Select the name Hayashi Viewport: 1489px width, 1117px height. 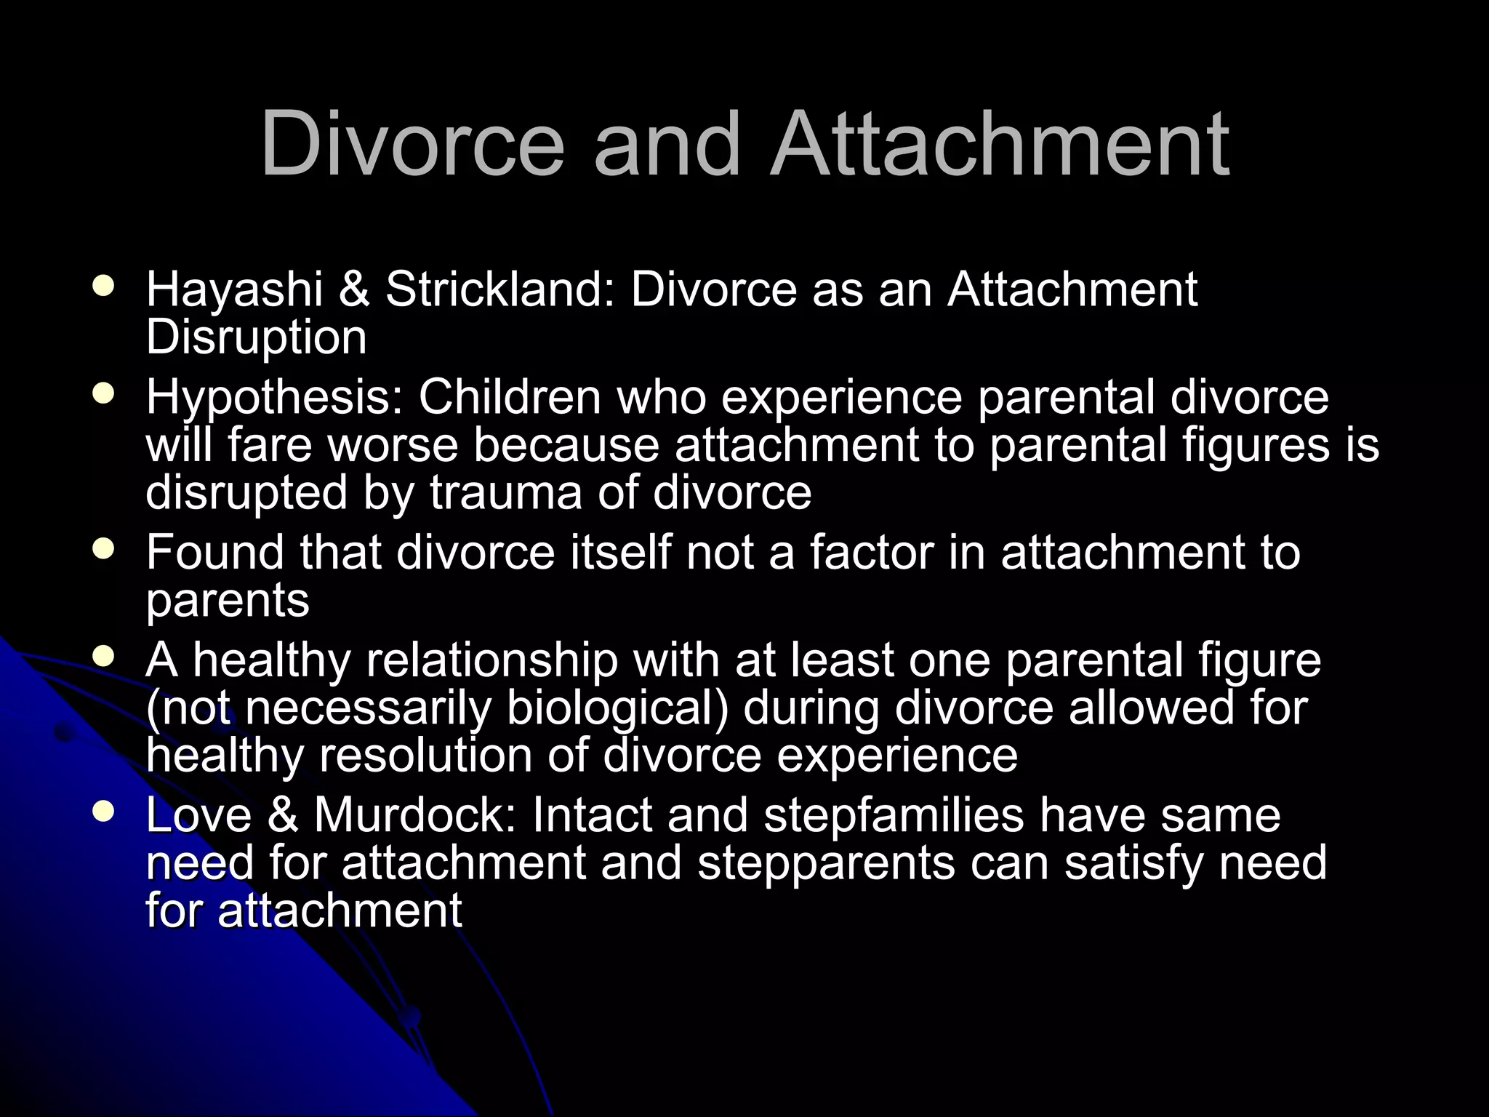234,290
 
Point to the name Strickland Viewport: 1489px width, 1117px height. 500,290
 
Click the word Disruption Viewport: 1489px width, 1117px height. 256,337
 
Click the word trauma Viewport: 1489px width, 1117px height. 505,492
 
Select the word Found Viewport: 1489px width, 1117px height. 215,553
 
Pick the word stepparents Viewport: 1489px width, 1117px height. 826,863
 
